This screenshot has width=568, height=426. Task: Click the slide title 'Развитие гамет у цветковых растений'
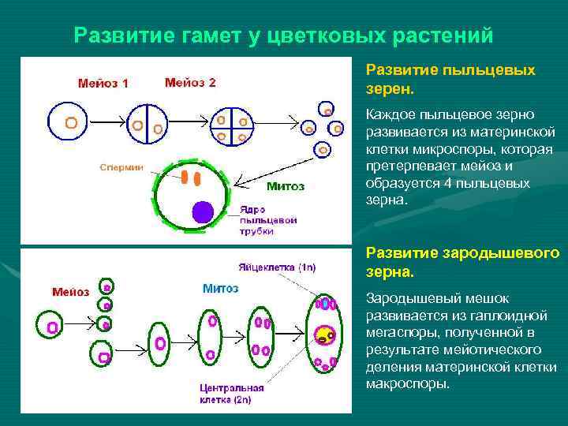(x=283, y=35)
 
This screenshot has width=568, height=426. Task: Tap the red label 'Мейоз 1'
(x=103, y=83)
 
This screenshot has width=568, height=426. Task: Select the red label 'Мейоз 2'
(x=190, y=82)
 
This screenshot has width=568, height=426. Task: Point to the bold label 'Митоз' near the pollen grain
(x=285, y=187)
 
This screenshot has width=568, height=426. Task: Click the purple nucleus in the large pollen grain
(x=204, y=211)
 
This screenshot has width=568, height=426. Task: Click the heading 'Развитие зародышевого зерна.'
(x=462, y=262)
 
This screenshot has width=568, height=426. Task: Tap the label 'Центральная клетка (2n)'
(x=226, y=395)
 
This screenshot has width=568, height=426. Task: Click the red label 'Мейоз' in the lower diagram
(x=71, y=292)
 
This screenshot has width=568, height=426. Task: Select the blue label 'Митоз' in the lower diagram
(x=220, y=289)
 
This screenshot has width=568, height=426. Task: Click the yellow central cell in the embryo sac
(x=322, y=336)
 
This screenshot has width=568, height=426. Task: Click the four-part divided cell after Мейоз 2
(x=231, y=124)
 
